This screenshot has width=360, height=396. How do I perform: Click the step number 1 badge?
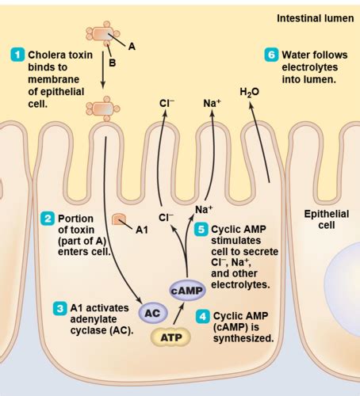pos(17,55)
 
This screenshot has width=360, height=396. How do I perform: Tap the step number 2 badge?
pos(47,218)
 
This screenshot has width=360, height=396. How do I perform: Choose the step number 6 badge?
pos(272,55)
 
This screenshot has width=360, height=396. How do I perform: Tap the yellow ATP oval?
pos(170,337)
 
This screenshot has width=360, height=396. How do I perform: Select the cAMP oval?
pos(187,291)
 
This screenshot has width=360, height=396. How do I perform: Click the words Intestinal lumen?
pos(314,17)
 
